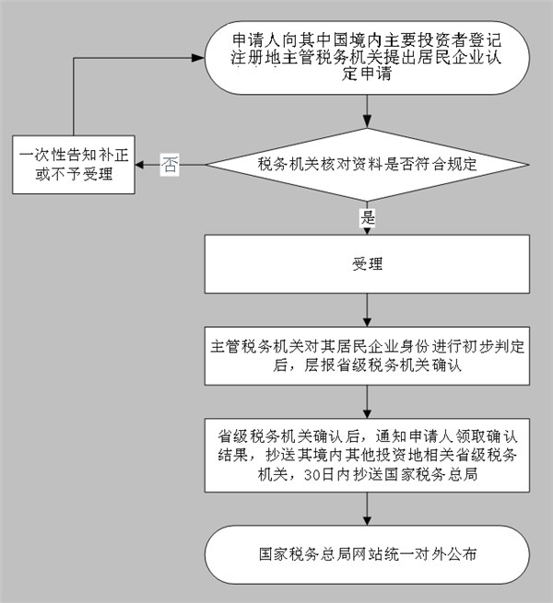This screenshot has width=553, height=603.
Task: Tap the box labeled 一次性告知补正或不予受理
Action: click(73, 166)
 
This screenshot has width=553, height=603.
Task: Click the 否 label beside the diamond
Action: click(170, 166)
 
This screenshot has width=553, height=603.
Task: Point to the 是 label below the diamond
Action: click(369, 218)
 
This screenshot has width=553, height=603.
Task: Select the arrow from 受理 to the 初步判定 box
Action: click(368, 310)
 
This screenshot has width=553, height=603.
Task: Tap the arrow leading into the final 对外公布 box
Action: click(368, 511)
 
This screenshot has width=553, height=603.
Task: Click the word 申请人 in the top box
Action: click(254, 41)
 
